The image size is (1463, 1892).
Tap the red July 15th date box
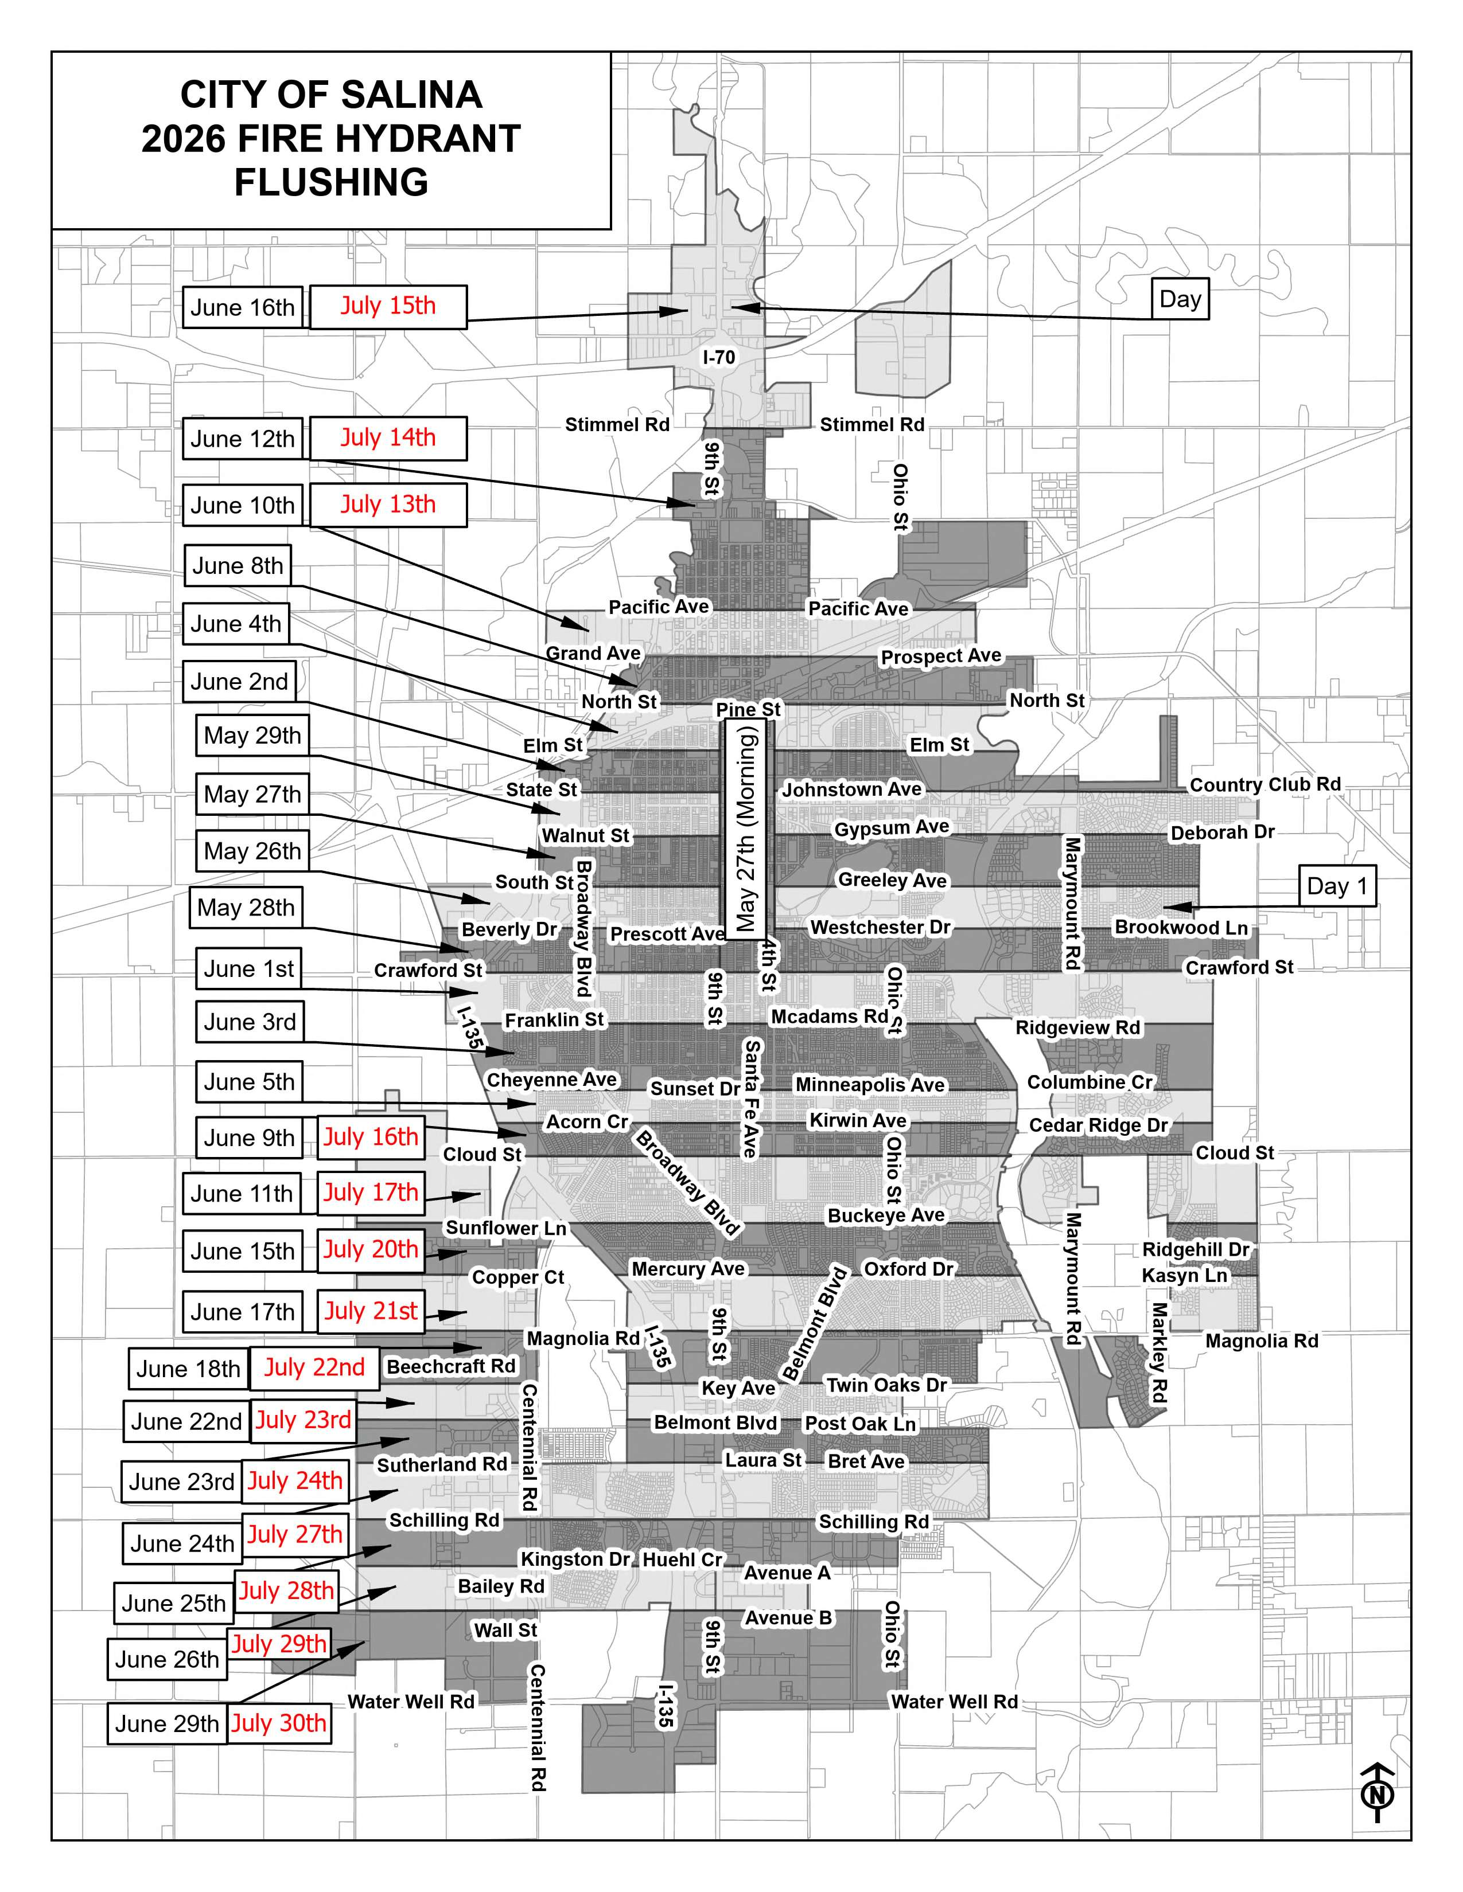click(388, 307)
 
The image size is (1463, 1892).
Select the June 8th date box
click(238, 566)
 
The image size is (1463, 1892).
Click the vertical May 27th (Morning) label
click(745, 828)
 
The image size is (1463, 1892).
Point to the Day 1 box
click(1337, 885)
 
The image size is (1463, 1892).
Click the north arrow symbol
click(1377, 1793)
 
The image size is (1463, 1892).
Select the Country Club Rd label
click(1264, 785)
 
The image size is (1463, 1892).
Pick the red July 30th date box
click(279, 1723)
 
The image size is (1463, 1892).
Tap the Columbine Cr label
click(1090, 1082)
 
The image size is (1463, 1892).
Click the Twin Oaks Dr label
click(886, 1385)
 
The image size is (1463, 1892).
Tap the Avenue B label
click(788, 1617)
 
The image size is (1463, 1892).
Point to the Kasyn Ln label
click(1185, 1275)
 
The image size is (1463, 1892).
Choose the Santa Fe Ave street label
click(750, 1099)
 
